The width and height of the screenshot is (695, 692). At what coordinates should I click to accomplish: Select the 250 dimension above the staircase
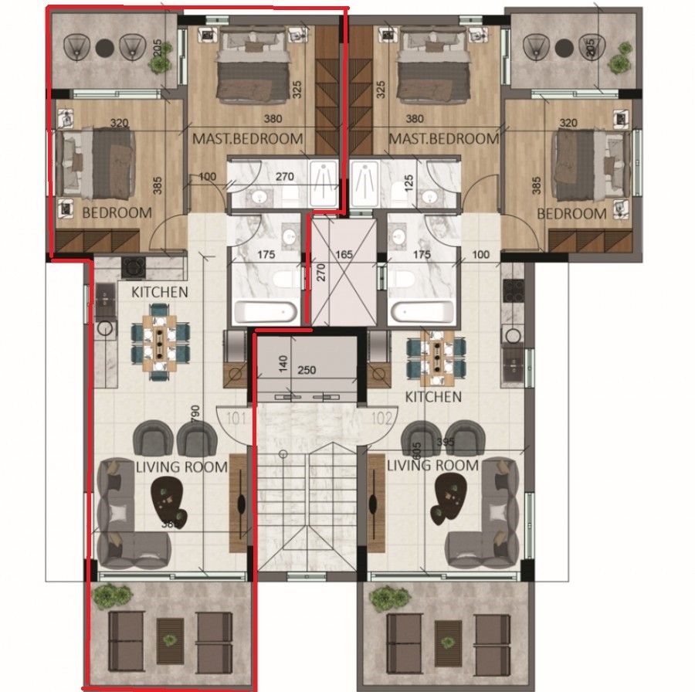(x=307, y=371)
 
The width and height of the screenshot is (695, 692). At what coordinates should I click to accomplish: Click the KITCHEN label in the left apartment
(x=159, y=292)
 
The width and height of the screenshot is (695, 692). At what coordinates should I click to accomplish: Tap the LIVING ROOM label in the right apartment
(x=432, y=466)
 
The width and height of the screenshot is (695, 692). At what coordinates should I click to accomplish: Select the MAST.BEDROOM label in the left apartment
(x=246, y=139)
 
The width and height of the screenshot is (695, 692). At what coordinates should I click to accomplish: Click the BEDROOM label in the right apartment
(x=571, y=213)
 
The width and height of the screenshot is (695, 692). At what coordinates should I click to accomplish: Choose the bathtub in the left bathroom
(x=266, y=312)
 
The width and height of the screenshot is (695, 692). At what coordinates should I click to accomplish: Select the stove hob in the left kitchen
(x=134, y=267)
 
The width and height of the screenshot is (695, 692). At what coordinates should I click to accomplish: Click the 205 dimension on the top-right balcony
(x=591, y=47)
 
